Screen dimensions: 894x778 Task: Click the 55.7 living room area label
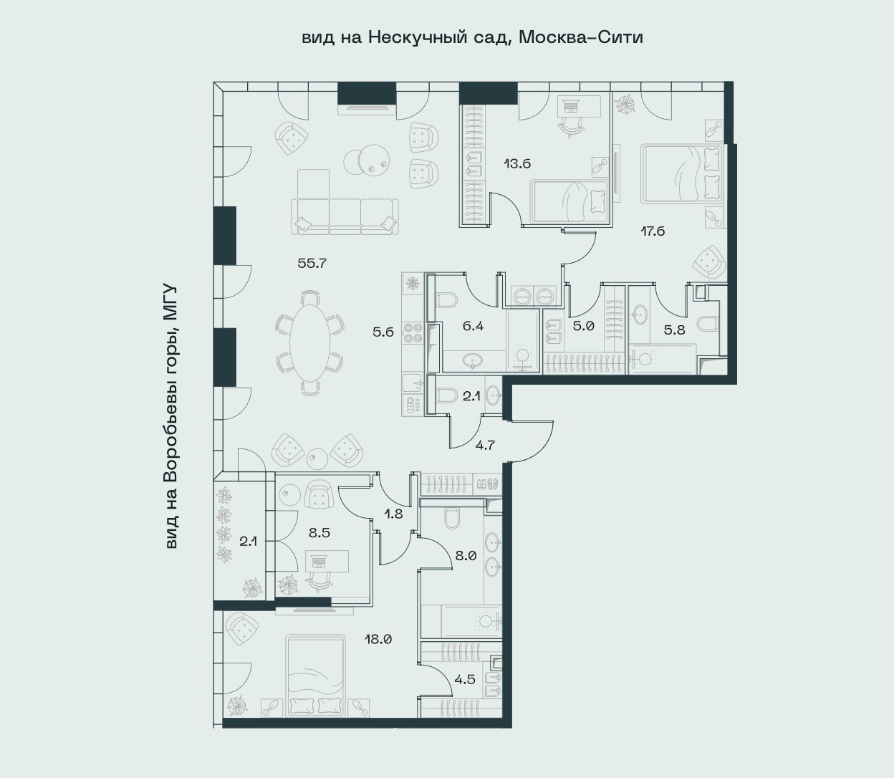point(312,264)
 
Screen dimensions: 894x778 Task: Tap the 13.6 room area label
point(517,164)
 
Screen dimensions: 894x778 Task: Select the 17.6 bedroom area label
point(653,231)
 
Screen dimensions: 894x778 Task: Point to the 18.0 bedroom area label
point(378,640)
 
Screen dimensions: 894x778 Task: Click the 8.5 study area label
point(319,533)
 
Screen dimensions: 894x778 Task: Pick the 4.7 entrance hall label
point(485,445)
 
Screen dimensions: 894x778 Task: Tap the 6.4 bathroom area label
point(474,326)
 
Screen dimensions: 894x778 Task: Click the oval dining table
point(309,343)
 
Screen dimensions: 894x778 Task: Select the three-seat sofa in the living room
point(345,216)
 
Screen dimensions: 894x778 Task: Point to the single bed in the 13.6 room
point(569,202)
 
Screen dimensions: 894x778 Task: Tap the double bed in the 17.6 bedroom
point(682,175)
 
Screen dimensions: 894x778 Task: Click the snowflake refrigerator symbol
point(413,284)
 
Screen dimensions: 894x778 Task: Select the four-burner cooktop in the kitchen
point(413,332)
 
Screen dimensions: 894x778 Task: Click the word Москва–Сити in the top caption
point(581,37)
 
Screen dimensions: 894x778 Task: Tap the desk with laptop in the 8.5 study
point(327,561)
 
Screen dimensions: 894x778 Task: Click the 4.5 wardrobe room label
point(464,680)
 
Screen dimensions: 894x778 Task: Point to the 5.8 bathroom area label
point(674,330)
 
